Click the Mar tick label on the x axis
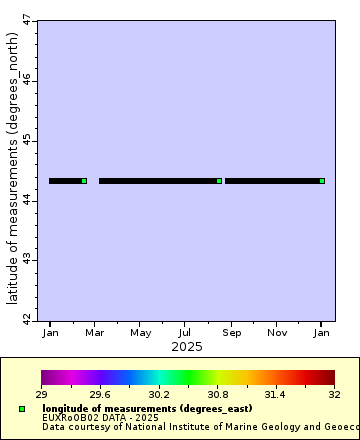(95, 332)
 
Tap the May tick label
(141, 332)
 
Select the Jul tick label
(185, 332)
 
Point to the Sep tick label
(231, 332)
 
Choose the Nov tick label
(277, 332)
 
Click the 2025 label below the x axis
(186, 347)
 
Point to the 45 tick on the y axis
(27, 139)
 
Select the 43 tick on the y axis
(27, 260)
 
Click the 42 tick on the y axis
(27, 319)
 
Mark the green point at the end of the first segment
(84, 181)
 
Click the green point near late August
(219, 181)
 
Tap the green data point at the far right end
(322, 181)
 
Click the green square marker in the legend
(22, 409)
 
